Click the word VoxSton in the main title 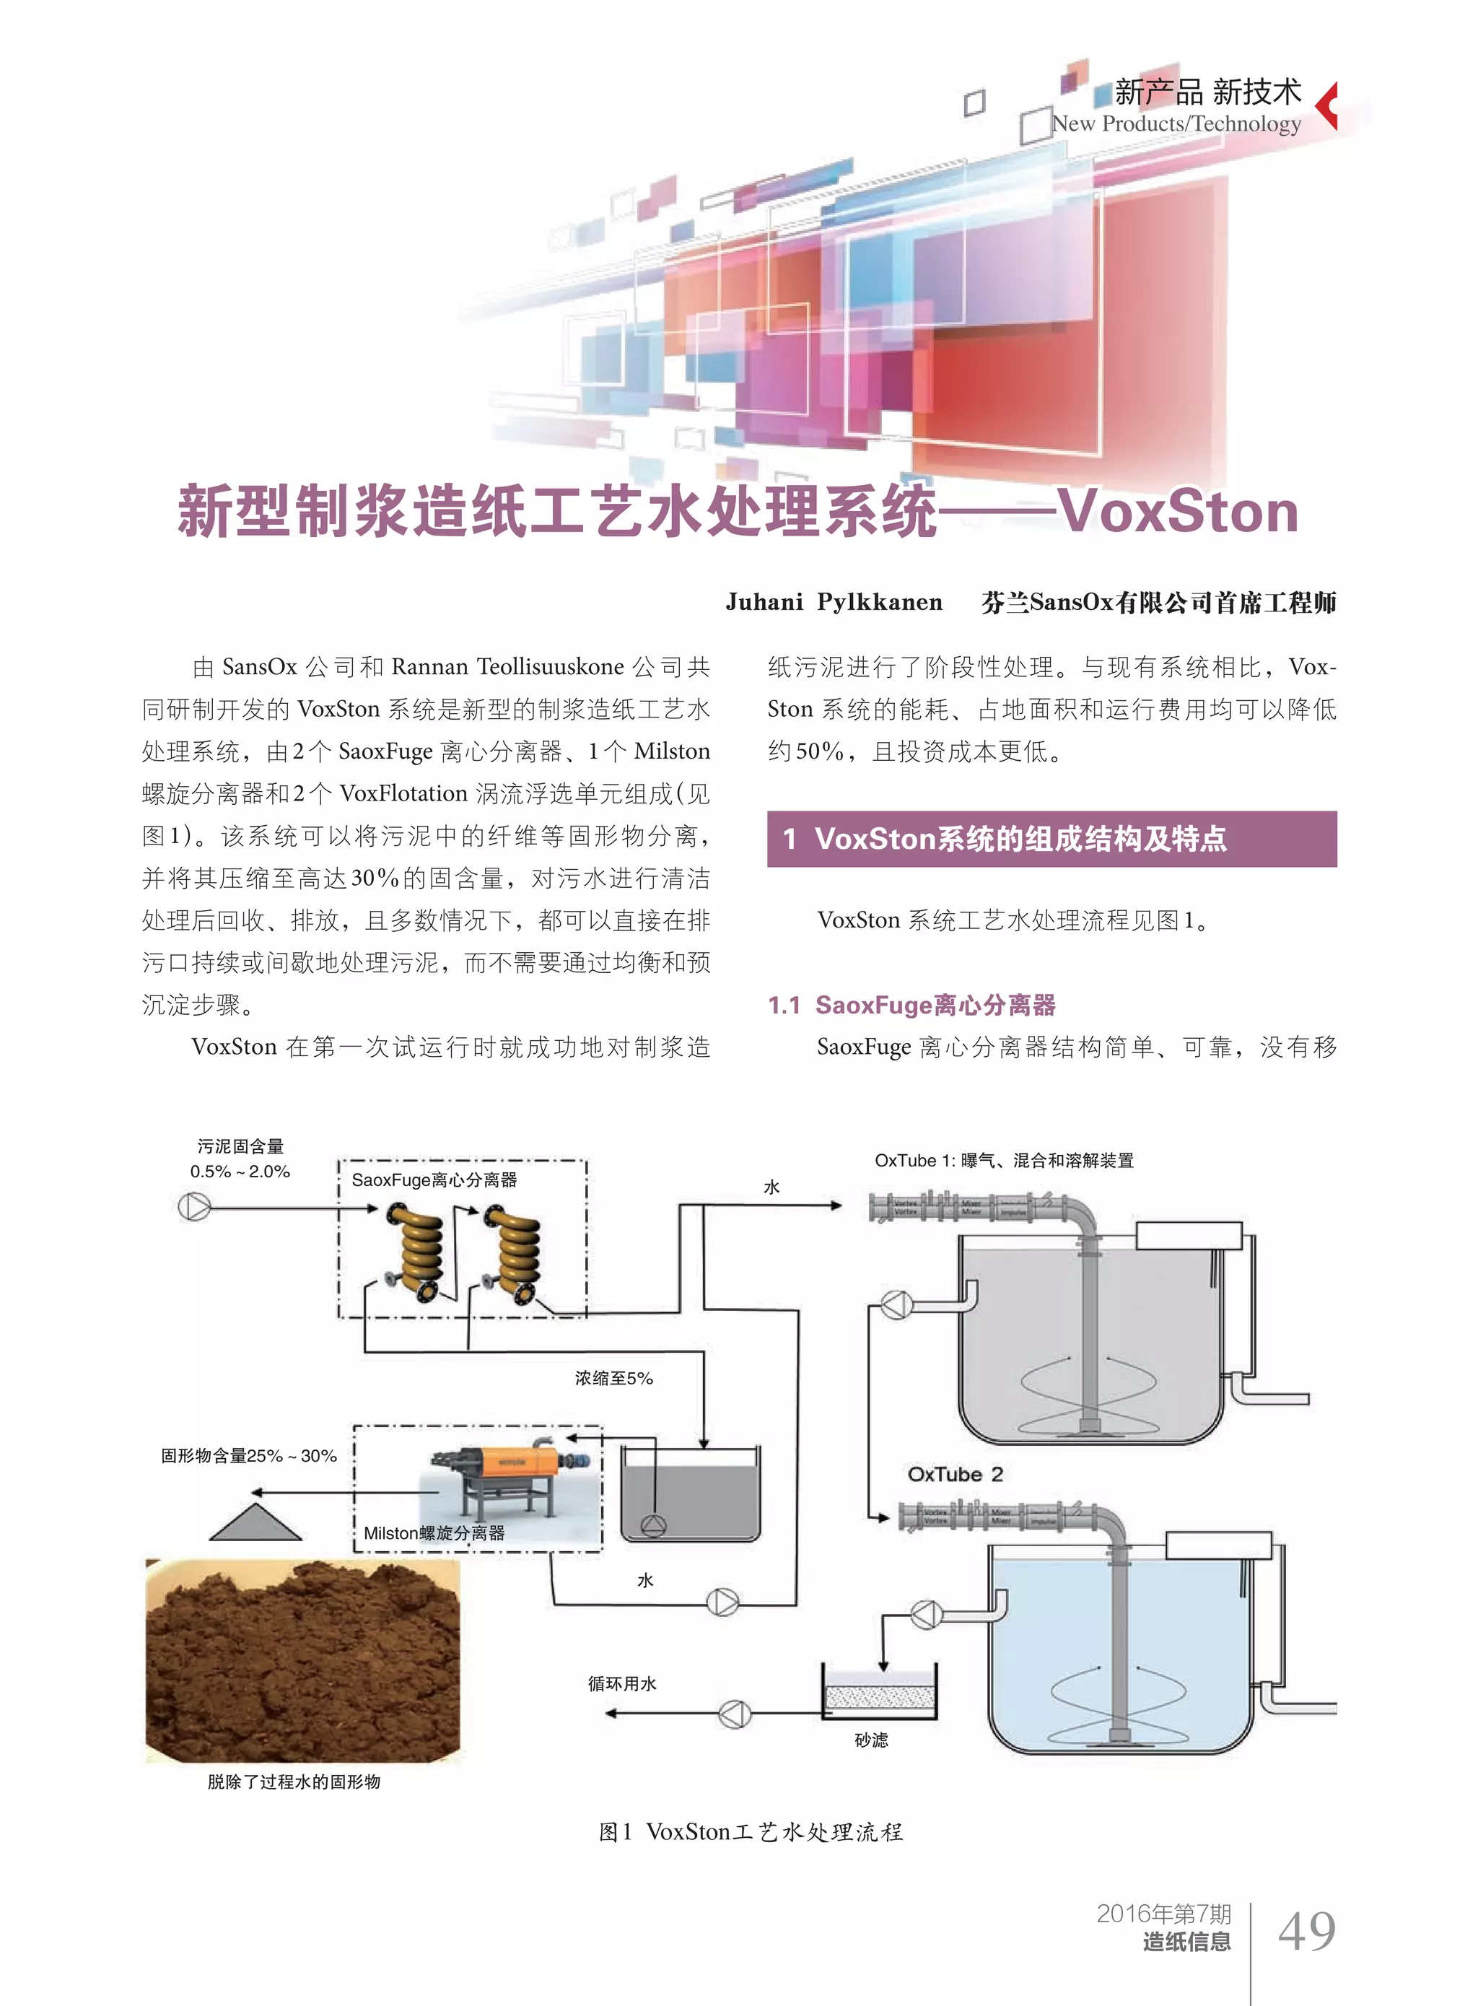click(x=1179, y=512)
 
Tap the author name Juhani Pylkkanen click(x=834, y=602)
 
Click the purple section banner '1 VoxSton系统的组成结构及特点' click(x=1051, y=838)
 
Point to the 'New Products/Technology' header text click(x=1176, y=123)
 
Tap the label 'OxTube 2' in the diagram click(x=955, y=1473)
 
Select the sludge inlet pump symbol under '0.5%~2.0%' click(x=194, y=1207)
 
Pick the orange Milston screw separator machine click(x=505, y=1477)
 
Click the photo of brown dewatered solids click(x=302, y=1660)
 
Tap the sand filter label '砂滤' click(x=870, y=1740)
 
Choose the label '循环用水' click(x=622, y=1683)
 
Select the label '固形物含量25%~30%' click(x=249, y=1456)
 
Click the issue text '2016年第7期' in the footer click(x=1163, y=1913)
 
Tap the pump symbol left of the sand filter click(x=735, y=1714)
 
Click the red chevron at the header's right click(x=1328, y=105)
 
